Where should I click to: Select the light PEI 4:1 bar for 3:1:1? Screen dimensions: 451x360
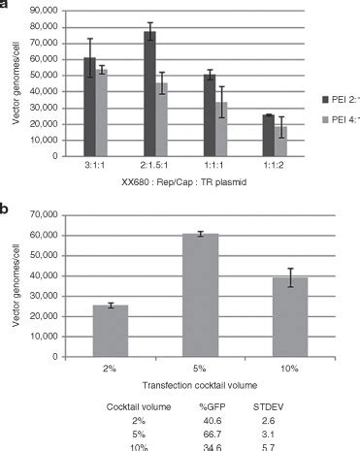[x=101, y=113]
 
